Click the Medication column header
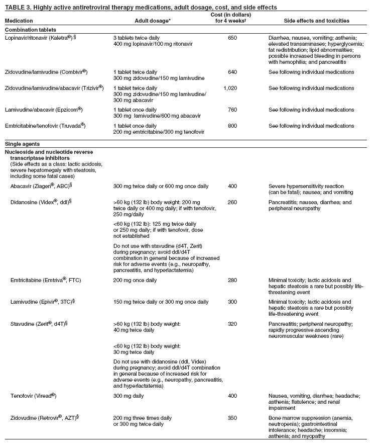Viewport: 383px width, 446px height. pos(19,21)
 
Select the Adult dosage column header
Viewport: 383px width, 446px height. pos(153,21)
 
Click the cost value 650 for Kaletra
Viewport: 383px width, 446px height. pos(232,38)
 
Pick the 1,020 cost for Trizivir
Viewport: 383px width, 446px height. pos(230,88)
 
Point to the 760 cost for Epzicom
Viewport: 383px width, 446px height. pos(232,110)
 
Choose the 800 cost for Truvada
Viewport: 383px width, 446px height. pos(232,126)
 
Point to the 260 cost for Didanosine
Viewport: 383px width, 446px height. pos(232,202)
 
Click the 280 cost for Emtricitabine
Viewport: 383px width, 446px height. pos(232,280)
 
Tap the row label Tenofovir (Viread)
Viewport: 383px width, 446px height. pos(34,396)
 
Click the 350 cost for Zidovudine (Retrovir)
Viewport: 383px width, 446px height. pos(232,418)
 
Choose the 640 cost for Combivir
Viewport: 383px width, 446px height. pos(232,72)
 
